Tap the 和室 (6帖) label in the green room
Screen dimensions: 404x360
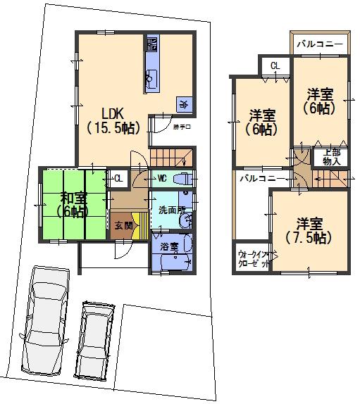73,203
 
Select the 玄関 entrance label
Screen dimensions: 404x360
123,225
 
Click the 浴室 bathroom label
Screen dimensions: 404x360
168,247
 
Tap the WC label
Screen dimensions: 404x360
161,178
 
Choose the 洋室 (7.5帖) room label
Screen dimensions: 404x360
309,230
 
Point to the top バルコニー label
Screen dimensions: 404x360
319,44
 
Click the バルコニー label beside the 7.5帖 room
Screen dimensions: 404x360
261,179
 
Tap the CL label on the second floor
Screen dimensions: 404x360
275,65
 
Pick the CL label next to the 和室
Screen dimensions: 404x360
118,178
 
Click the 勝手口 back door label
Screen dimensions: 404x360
182,127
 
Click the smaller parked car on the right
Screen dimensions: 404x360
93,341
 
